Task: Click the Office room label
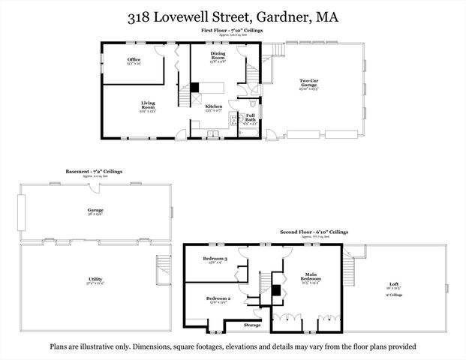[134, 59]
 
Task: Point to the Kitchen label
[214, 107]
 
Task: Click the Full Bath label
[251, 116]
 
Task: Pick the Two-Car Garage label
[309, 82]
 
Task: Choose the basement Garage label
[95, 210]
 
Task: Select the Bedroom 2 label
[217, 298]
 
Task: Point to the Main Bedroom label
[310, 277]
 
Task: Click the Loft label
[394, 284]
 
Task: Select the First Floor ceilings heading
[231, 30]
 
